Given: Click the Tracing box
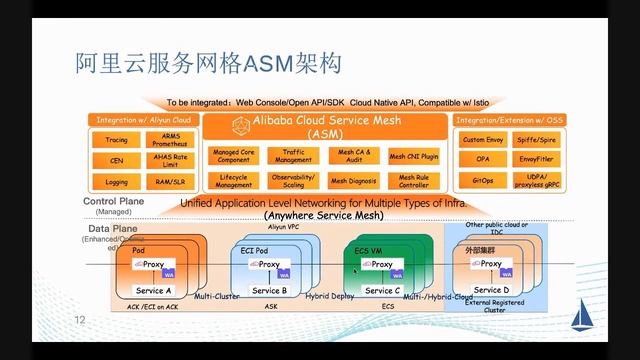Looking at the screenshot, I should [x=117, y=140].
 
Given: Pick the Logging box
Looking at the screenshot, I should [x=117, y=182].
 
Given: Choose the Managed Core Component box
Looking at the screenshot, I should [x=233, y=156].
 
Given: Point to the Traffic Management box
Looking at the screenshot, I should [x=293, y=156].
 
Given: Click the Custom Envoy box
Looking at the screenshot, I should [x=482, y=139].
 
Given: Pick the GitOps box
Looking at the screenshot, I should [x=482, y=181].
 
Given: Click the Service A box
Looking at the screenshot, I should [x=154, y=290].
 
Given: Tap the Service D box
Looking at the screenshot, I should [x=490, y=290].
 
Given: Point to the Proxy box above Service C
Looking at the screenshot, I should [x=380, y=265].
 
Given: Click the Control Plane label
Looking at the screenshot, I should [x=116, y=201].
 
